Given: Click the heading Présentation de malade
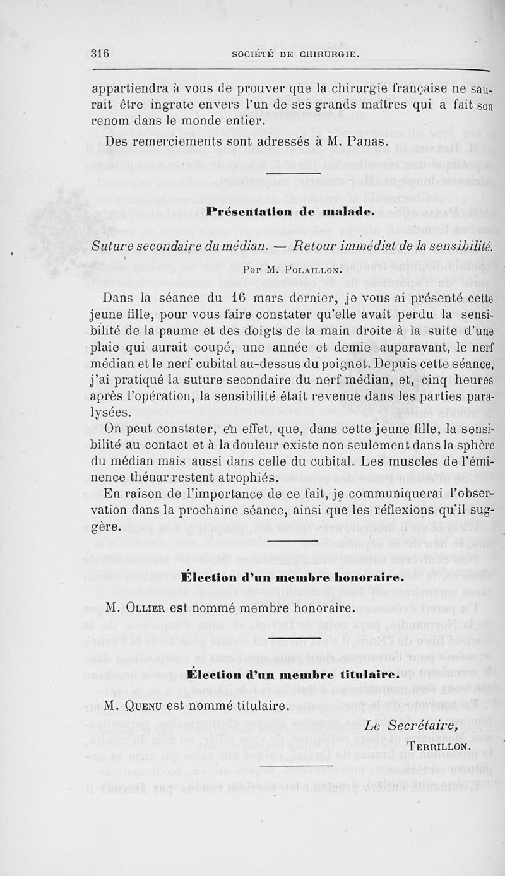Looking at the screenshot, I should [291, 213].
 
